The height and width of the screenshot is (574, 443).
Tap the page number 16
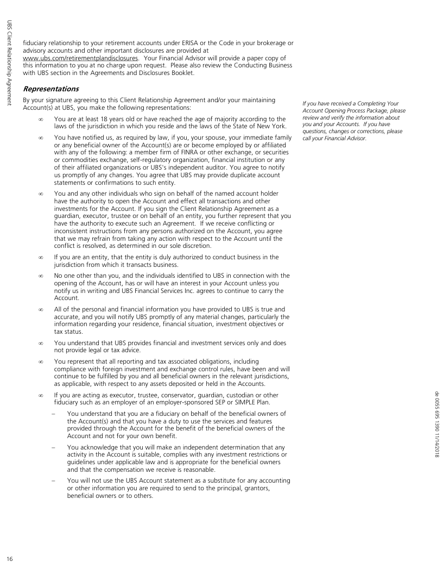coord(9,558)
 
